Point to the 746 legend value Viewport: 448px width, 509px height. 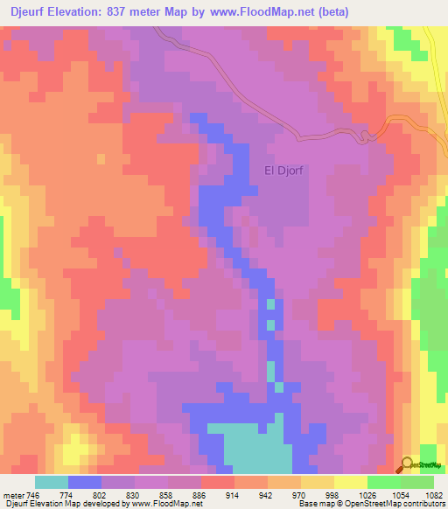[31, 494]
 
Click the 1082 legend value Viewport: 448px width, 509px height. [434, 494]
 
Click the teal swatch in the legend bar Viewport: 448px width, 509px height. [52, 482]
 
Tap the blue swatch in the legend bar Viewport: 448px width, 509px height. [85, 482]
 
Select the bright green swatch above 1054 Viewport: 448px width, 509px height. [417, 482]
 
